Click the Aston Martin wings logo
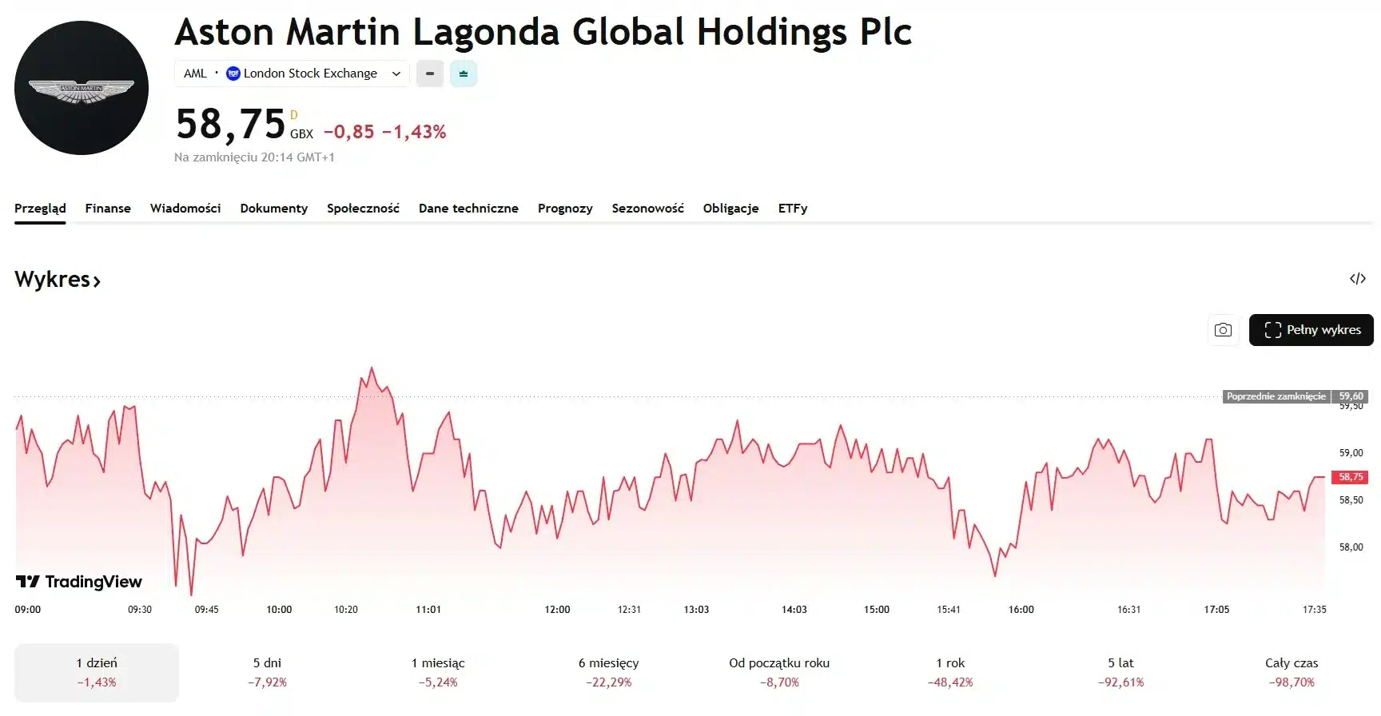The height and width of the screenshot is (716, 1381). point(82,89)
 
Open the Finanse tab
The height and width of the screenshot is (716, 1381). point(108,209)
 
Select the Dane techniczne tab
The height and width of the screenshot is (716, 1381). point(468,209)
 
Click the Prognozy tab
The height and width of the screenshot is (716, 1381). point(565,209)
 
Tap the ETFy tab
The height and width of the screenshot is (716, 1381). point(793,209)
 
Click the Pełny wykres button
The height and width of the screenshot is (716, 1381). point(1311,330)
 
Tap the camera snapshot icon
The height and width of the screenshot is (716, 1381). point(1223,330)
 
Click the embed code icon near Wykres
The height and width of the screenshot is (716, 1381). point(1357,279)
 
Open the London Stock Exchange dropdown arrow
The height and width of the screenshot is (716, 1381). point(396,74)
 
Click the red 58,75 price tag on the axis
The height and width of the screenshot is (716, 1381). point(1350,477)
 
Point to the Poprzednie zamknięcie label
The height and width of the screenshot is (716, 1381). point(1276,396)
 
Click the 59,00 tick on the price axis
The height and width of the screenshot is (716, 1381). point(1351,453)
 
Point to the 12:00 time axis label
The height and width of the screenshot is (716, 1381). point(557,610)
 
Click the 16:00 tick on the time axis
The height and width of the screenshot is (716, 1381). point(1021,610)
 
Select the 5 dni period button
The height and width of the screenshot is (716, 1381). point(267,672)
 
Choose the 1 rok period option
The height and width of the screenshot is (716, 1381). point(950,672)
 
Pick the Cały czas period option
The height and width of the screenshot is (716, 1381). point(1291,672)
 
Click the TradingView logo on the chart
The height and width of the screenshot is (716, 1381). point(79,582)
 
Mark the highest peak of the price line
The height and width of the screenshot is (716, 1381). point(372,368)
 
